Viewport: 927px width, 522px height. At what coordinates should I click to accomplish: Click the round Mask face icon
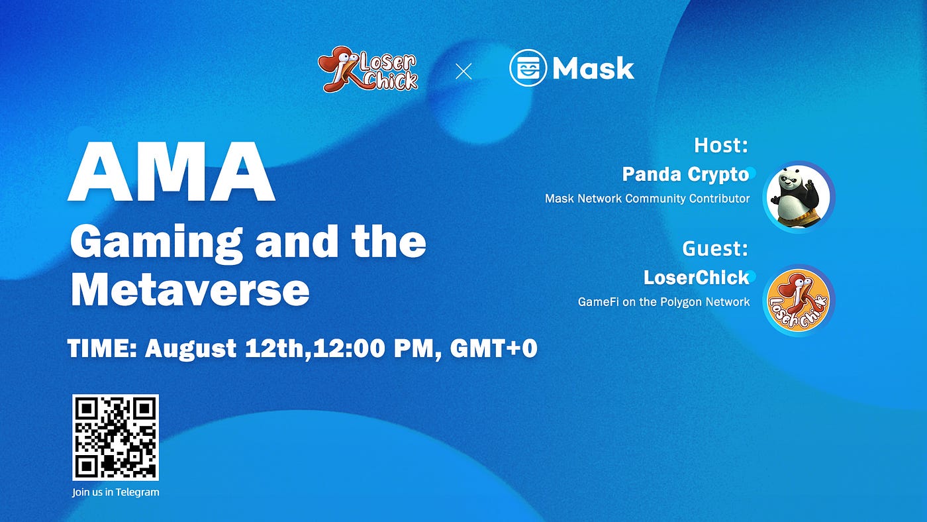[528, 68]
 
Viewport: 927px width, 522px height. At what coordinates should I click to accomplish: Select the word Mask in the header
[593, 68]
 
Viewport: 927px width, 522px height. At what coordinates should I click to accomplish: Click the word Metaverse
[190, 289]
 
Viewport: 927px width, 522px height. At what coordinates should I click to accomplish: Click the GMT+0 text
[493, 348]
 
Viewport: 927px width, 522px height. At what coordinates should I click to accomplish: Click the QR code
[116, 437]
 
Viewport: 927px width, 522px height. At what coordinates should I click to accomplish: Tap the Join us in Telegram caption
[116, 492]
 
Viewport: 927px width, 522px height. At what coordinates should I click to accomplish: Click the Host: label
[721, 145]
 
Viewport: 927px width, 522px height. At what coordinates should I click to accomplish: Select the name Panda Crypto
[685, 174]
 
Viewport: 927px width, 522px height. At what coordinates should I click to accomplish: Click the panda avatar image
[799, 197]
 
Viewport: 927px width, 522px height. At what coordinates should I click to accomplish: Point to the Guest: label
[715, 248]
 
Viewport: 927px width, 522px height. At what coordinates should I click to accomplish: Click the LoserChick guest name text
[697, 277]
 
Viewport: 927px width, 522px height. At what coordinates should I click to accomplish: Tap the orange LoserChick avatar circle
[799, 300]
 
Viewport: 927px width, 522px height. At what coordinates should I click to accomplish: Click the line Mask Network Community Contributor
[647, 198]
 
